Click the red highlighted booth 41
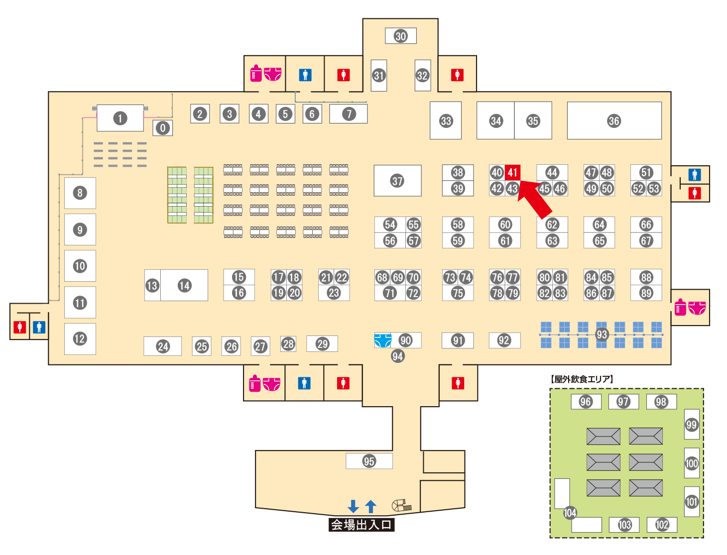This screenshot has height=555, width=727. [x=512, y=172]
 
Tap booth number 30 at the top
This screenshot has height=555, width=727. [x=401, y=36]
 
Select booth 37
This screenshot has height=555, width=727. [x=397, y=181]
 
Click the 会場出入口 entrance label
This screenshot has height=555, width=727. [x=362, y=525]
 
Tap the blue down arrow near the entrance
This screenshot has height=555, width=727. [x=353, y=506]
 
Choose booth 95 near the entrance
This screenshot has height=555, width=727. [x=369, y=461]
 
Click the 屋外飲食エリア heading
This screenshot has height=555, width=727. [x=582, y=379]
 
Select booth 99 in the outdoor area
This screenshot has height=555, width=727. [x=691, y=425]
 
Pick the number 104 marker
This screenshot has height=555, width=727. [x=570, y=513]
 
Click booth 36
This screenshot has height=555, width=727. [x=614, y=120]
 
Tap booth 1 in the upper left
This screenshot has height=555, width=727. [x=120, y=118]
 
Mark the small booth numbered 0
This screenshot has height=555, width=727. [x=162, y=128]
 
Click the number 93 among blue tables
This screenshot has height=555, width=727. [x=602, y=334]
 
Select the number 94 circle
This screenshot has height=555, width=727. [x=397, y=356]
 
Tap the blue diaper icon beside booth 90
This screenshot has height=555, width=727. [x=382, y=340]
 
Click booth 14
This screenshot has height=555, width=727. [x=184, y=285]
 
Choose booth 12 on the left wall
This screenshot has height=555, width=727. [x=80, y=339]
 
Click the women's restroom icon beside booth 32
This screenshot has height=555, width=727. [x=457, y=75]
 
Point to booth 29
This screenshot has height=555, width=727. [x=322, y=343]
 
